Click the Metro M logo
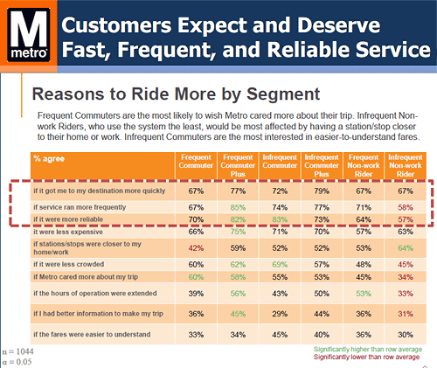[29, 35]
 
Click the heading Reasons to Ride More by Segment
[176, 94]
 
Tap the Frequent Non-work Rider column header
[364, 165]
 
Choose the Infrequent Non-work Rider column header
[406, 165]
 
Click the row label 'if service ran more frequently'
[80, 207]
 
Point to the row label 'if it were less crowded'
[68, 264]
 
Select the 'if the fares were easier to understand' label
[92, 334]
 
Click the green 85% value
[238, 207]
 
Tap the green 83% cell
[280, 219]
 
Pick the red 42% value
[196, 248]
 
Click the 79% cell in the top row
[322, 191]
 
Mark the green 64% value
[406, 248]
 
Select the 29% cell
[280, 314]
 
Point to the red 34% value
[406, 277]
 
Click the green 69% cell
[280, 265]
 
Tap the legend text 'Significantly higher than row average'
[368, 350]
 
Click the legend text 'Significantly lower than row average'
[366, 358]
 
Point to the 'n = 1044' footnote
[17, 351]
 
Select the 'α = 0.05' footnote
[17, 362]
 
